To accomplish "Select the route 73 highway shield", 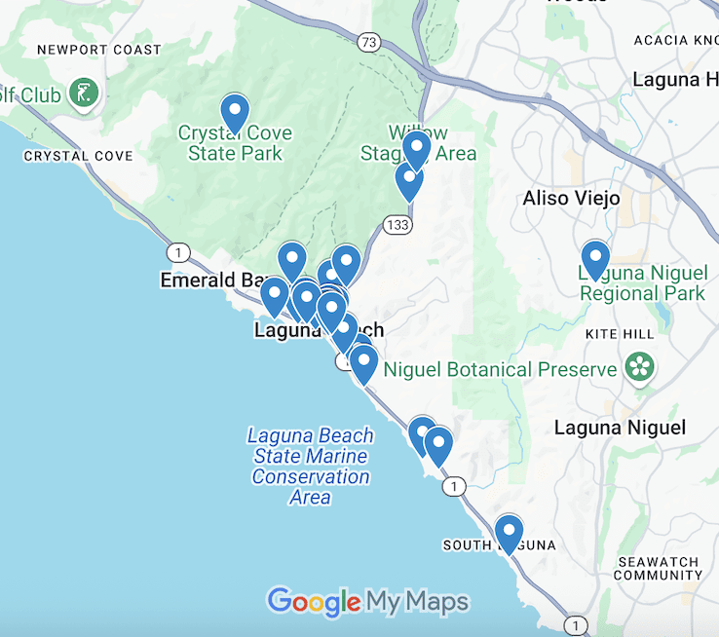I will (367, 41).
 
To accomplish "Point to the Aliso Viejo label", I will (571, 199).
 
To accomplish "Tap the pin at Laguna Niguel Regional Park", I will (594, 258).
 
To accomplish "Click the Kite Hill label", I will (619, 334).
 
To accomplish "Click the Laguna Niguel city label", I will (620, 428).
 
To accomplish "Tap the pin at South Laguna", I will (509, 533).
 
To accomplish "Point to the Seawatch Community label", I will (658, 569).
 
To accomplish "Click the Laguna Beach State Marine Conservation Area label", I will (310, 467).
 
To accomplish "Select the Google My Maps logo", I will (367, 602).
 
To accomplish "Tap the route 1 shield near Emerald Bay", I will (177, 253).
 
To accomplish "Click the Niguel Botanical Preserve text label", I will (501, 370).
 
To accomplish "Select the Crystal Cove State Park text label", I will (235, 143).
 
